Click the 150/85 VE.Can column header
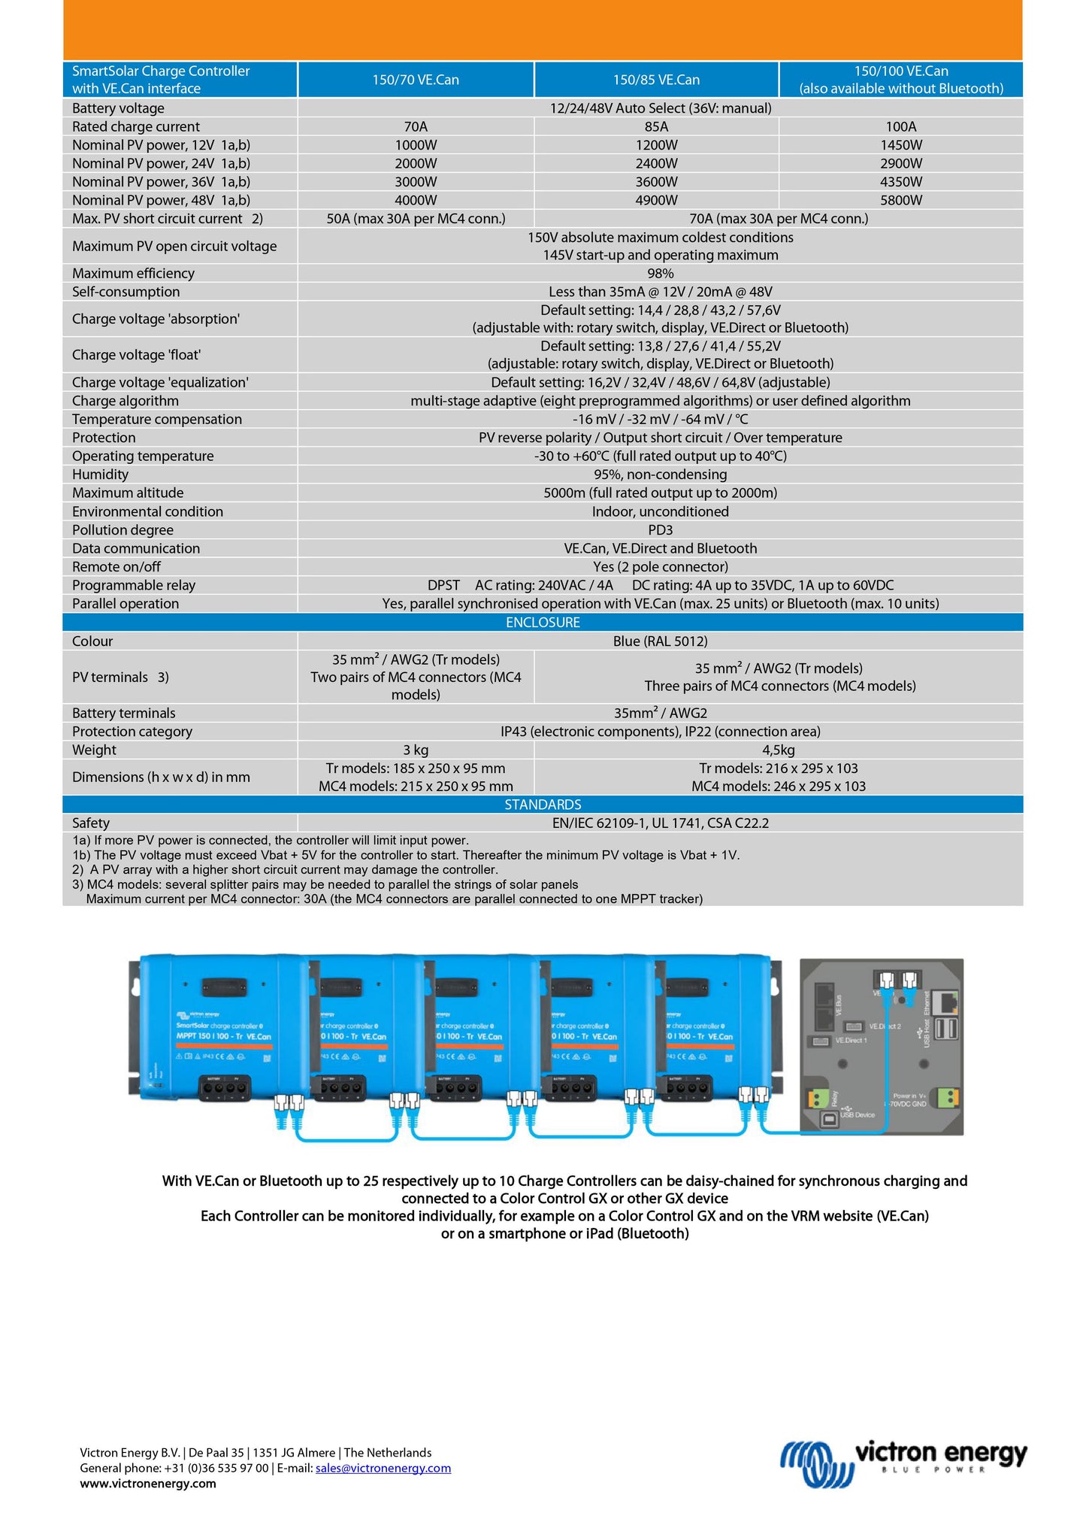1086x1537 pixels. click(x=655, y=80)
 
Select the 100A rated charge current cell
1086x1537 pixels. click(x=900, y=126)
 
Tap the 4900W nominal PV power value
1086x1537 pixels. click(x=655, y=200)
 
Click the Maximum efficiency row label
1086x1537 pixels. click(x=133, y=273)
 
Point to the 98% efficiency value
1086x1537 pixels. click(x=660, y=273)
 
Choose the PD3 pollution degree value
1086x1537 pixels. click(x=660, y=530)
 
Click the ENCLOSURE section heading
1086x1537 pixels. click(x=543, y=623)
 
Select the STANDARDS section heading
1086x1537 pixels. click(x=543, y=805)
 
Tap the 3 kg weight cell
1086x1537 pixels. click(x=416, y=750)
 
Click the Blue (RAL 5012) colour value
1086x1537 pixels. click(x=660, y=641)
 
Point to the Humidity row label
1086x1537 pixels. click(x=100, y=474)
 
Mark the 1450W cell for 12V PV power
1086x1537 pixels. click(x=900, y=145)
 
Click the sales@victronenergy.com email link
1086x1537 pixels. click(x=383, y=1468)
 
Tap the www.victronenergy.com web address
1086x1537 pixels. click(x=148, y=1483)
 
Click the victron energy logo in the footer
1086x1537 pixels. click(x=902, y=1462)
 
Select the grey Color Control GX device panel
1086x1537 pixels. click(x=881, y=1046)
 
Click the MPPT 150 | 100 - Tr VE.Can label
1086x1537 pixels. click(x=223, y=1036)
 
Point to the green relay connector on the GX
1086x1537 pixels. click(x=818, y=1099)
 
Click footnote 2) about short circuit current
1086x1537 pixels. click(x=286, y=870)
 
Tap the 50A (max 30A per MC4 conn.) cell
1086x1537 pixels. click(x=416, y=219)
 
